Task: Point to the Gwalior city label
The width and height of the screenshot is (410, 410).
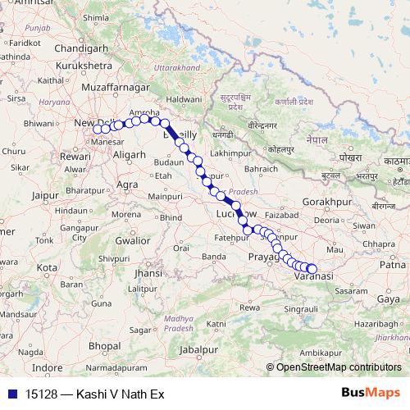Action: pyautogui.click(x=132, y=241)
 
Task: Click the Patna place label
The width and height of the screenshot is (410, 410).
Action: pyautogui.click(x=391, y=265)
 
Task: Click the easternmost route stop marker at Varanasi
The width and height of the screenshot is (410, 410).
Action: pyautogui.click(x=312, y=268)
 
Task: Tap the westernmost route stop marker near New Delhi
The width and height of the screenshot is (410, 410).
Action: pyautogui.click(x=97, y=129)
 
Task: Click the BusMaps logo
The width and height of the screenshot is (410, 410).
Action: pyautogui.click(x=370, y=394)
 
